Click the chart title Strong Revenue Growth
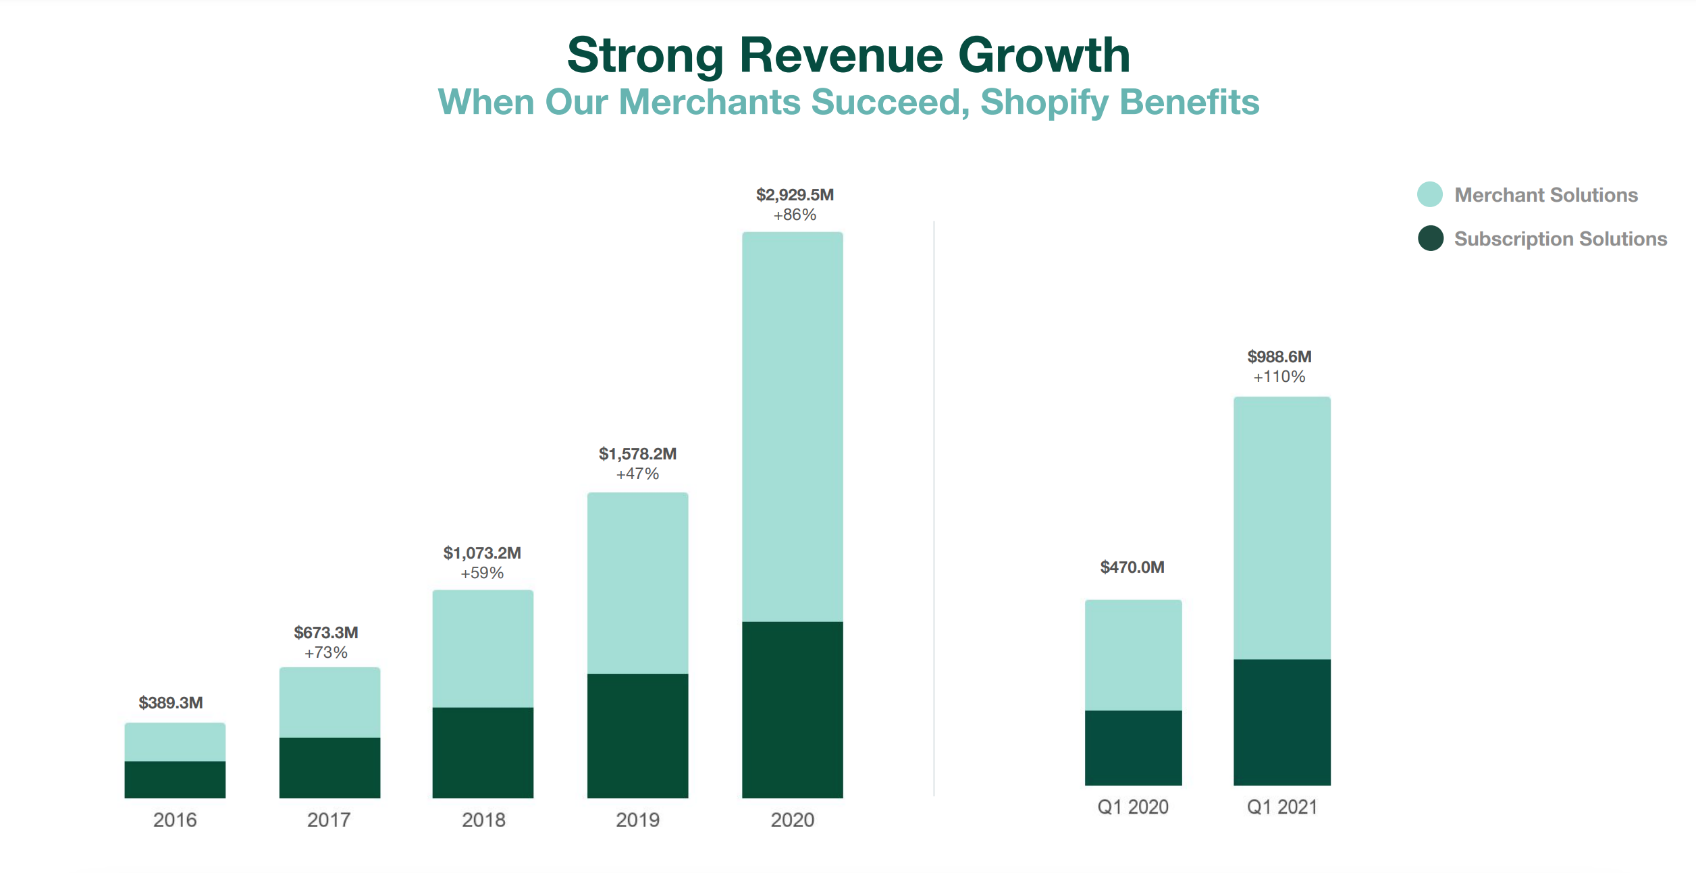click(848, 55)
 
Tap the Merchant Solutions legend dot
click(1430, 194)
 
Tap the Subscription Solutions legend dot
click(1430, 238)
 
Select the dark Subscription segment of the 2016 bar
click(175, 779)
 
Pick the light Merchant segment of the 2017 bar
click(329, 702)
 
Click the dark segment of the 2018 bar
click(483, 752)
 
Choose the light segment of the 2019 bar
click(637, 583)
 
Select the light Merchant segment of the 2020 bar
click(792, 426)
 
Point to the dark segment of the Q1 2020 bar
click(1133, 748)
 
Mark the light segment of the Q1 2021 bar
click(1281, 528)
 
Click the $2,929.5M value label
click(795, 195)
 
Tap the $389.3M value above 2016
click(171, 702)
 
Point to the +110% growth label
click(1279, 377)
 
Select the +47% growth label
click(637, 474)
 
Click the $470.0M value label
click(1132, 567)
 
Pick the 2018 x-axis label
click(483, 820)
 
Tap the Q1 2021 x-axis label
click(1281, 807)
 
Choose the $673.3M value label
click(326, 632)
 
